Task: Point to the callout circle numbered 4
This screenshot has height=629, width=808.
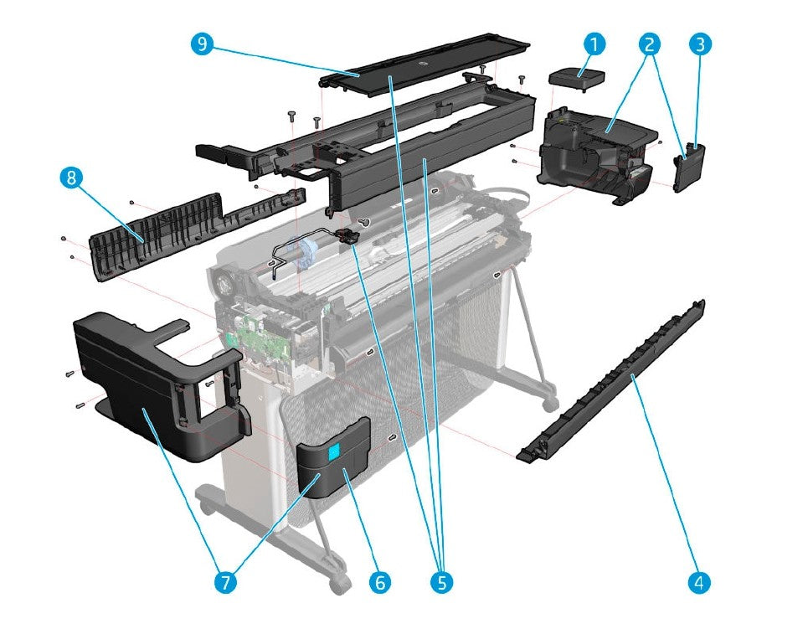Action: pyautogui.click(x=701, y=580)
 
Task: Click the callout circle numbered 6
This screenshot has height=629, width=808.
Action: pyautogui.click(x=378, y=580)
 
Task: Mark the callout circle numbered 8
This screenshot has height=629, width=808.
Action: pyautogui.click(x=71, y=178)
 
